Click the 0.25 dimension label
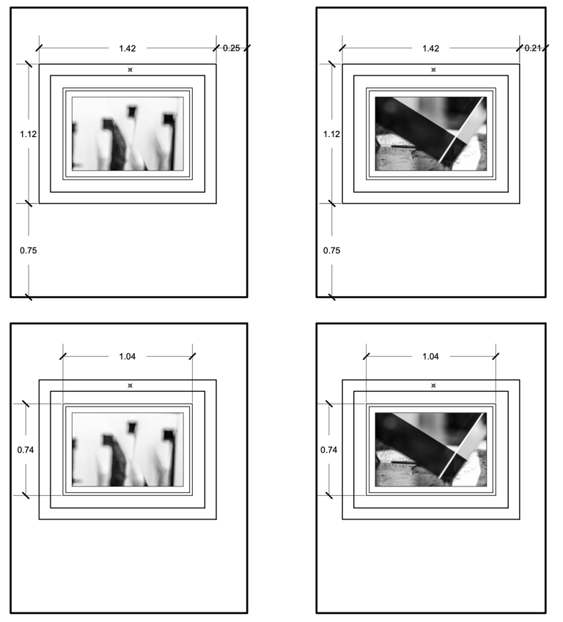(x=231, y=48)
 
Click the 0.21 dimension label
(x=533, y=48)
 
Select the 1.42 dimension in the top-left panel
(x=128, y=48)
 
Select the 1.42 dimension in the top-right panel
(x=431, y=48)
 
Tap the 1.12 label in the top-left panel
(x=28, y=134)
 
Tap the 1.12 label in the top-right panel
(x=331, y=134)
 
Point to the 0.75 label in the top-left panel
(x=28, y=251)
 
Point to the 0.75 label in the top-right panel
(x=331, y=251)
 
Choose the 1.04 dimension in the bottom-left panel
(x=128, y=356)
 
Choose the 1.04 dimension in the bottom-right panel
(x=431, y=356)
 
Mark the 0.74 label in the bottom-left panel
(x=26, y=450)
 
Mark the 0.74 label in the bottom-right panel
(x=328, y=450)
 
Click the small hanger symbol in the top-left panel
(x=130, y=70)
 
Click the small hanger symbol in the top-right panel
(x=433, y=70)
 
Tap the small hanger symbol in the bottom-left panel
(x=130, y=385)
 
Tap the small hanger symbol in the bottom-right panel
(x=433, y=385)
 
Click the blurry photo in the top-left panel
(x=128, y=133)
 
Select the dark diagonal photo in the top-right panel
(x=431, y=133)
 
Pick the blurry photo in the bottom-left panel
(x=128, y=449)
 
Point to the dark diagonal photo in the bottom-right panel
(x=431, y=449)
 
